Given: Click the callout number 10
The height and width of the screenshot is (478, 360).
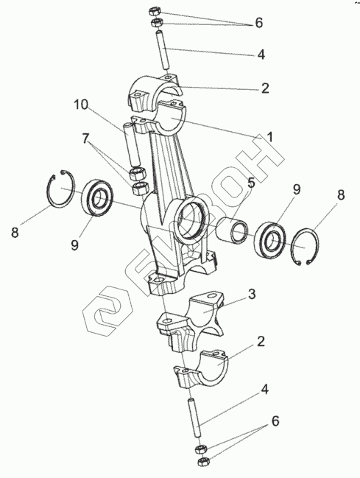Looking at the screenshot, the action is pos(81,105).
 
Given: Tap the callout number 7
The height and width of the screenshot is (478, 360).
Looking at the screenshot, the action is pos(85,138).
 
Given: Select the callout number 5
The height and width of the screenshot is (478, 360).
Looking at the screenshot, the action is pos(250,183).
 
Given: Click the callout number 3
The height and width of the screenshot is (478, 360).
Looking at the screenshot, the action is pos(252,294).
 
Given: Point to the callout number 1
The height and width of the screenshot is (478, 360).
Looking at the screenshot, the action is pos(269,137).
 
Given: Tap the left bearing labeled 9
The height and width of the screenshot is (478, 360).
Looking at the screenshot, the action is pos(97,198).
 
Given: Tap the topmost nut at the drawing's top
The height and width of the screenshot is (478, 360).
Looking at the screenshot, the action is pos(155,13).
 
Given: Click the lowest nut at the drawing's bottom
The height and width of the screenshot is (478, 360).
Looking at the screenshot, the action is pos(203,460).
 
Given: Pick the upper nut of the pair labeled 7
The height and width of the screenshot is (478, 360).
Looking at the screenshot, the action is pos(138,174).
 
